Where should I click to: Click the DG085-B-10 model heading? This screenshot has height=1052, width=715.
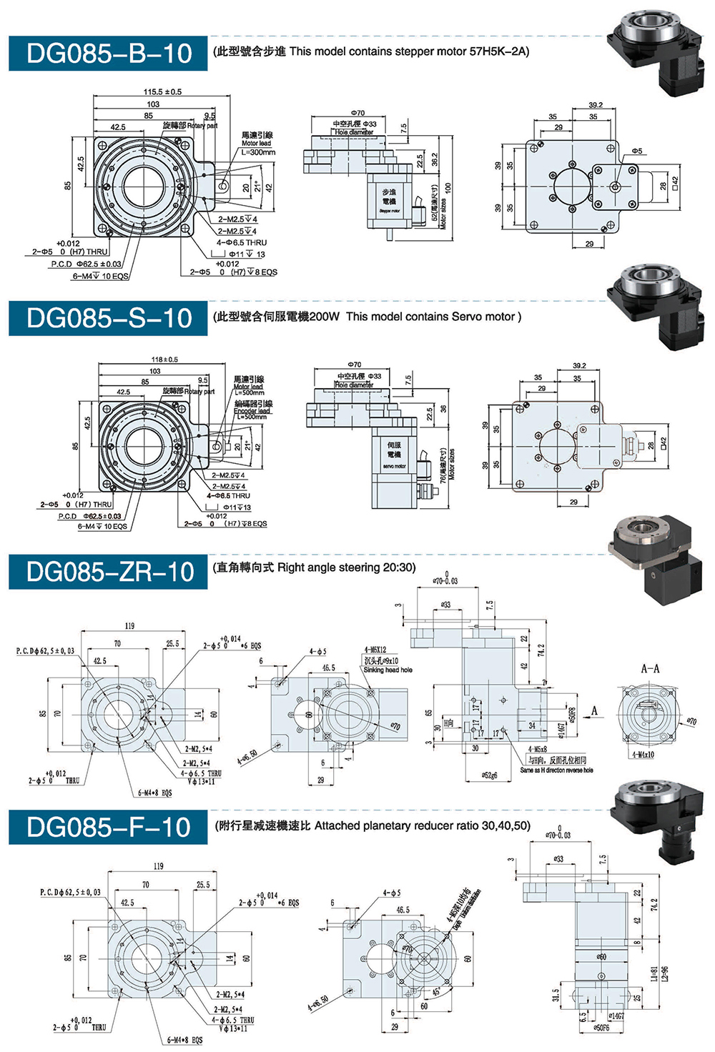(x=109, y=54)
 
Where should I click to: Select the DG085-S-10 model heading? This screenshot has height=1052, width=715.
(x=109, y=318)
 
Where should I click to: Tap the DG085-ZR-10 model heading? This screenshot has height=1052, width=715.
(x=109, y=572)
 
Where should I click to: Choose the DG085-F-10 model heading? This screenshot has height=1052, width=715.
(x=109, y=827)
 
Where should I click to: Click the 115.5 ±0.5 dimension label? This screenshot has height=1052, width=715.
(x=162, y=91)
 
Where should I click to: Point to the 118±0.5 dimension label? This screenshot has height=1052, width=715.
(x=164, y=359)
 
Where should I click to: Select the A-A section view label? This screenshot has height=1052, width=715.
(x=650, y=669)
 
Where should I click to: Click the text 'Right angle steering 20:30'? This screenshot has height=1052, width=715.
(x=346, y=567)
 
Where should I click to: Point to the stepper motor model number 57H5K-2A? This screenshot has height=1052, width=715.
(x=498, y=51)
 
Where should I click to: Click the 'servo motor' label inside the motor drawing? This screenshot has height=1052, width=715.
(x=394, y=466)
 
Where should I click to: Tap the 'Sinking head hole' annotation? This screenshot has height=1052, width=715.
(x=388, y=670)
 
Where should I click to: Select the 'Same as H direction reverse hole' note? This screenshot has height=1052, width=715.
(x=556, y=770)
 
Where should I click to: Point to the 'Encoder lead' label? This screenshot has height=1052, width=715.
(x=252, y=411)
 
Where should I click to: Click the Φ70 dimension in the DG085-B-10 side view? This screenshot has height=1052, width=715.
(x=357, y=113)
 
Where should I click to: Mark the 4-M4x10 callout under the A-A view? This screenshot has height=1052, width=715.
(x=643, y=755)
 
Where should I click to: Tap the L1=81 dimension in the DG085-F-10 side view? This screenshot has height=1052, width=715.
(x=654, y=974)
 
